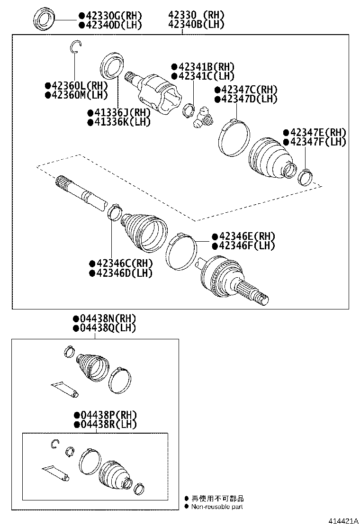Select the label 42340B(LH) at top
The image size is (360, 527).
coord(196,25)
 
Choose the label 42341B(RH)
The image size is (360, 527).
coord(206,67)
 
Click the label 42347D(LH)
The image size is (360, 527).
coord(248,99)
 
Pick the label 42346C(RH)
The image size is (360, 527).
coord(123,263)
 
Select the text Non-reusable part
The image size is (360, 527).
coord(217,507)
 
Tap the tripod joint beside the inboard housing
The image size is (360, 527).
coord(202,118)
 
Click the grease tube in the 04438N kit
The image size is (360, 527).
coord(64,389)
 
